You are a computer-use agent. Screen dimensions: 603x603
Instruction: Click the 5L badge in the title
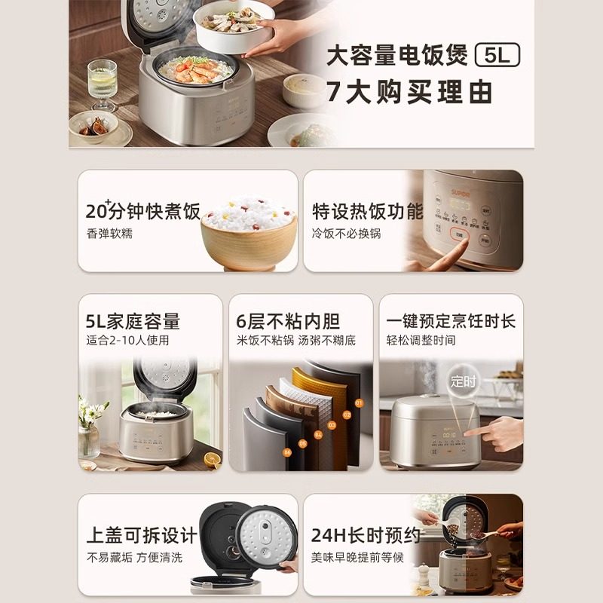pos(498,56)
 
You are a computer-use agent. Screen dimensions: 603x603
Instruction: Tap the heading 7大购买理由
pos(409,92)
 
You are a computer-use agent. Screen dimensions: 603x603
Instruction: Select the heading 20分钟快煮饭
pos(143,211)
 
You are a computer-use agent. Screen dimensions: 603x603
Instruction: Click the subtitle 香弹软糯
pos(109,234)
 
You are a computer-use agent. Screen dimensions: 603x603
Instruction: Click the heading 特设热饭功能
pos(368,211)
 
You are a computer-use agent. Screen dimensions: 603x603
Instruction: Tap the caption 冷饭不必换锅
pos(347,234)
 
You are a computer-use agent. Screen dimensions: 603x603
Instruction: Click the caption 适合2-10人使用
pos(127,340)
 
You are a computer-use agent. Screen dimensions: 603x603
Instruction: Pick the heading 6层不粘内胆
pos(288,322)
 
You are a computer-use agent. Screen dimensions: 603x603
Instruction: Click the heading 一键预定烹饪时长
pos(451,321)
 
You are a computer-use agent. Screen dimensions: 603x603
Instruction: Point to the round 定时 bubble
pos(464,381)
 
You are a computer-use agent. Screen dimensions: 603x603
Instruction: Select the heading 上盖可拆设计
pos(141,536)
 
